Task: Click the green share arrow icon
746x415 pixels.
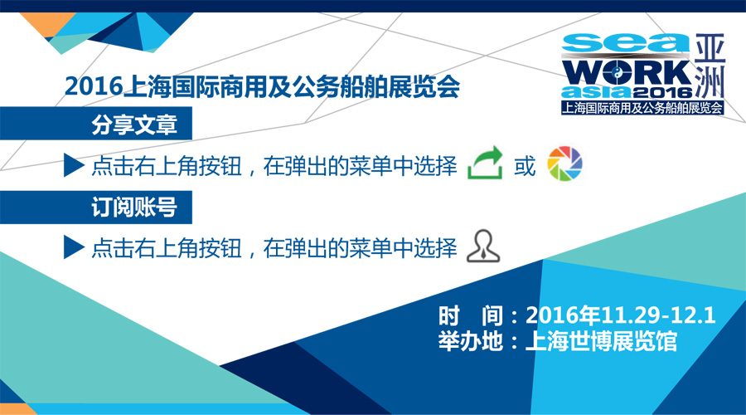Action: pyautogui.click(x=485, y=163)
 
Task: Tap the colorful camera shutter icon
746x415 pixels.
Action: pyautogui.click(x=564, y=164)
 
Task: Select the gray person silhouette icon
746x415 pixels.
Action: pyautogui.click(x=483, y=247)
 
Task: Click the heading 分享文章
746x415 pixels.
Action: pyautogui.click(x=134, y=124)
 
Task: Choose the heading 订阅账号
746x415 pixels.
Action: pyautogui.click(x=134, y=207)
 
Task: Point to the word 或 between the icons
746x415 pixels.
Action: pyautogui.click(x=525, y=166)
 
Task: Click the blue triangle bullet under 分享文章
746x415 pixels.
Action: pyautogui.click(x=75, y=165)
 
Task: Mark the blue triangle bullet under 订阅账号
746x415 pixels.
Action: pyautogui.click(x=75, y=247)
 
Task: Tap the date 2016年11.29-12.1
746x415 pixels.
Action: pyautogui.click(x=620, y=315)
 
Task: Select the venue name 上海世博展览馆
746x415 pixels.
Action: pyautogui.click(x=601, y=342)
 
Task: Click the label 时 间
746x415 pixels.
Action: pyautogui.click(x=471, y=315)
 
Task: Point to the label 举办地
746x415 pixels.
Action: pyautogui.click(x=471, y=342)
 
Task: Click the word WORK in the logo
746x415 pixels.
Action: pyautogui.click(x=627, y=73)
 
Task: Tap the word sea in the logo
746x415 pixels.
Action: pyautogui.click(x=625, y=43)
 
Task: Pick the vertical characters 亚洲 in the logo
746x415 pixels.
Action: pyautogui.click(x=710, y=66)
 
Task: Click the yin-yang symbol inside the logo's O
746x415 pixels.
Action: pyautogui.click(x=616, y=73)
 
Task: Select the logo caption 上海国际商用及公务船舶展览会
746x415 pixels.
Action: pyautogui.click(x=642, y=108)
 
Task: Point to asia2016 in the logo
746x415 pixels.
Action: pyautogui.click(x=627, y=92)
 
